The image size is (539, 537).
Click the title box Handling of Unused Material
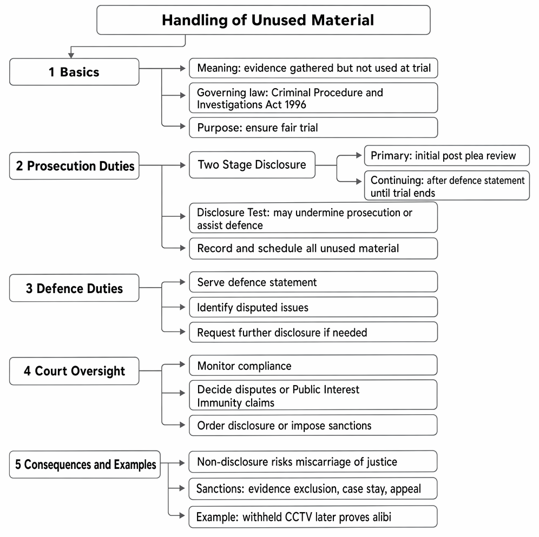point(264,20)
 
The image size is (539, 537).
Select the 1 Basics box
point(74,72)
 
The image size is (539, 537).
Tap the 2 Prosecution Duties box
point(74,165)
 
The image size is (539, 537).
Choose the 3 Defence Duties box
point(74,288)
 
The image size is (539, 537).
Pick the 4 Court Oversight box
point(74,371)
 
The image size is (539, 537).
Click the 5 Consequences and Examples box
point(85,465)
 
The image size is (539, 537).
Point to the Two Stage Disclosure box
point(252,165)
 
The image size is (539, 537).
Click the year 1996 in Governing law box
point(295,104)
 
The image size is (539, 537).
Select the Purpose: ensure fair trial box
point(313,128)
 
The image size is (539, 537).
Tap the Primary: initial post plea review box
point(447,156)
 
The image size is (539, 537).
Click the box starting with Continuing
point(447,185)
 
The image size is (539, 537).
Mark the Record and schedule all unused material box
point(313,248)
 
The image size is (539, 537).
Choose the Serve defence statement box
point(313,282)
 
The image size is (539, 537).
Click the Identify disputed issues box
point(313,307)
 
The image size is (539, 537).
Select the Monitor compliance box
point(313,365)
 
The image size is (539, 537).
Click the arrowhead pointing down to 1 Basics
point(71,55)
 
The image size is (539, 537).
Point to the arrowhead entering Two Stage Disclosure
point(183,165)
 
